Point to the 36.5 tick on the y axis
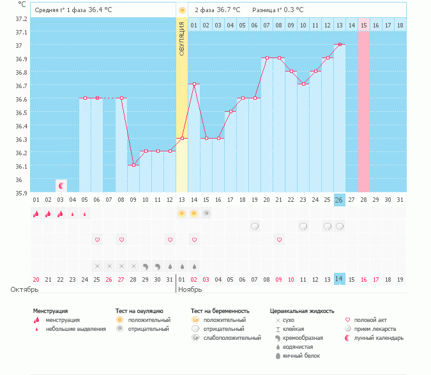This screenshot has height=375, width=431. coord(22,112)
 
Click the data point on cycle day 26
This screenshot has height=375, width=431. coord(340,44)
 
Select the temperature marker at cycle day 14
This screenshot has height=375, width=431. coord(194,84)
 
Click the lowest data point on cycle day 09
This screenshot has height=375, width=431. coord(133,165)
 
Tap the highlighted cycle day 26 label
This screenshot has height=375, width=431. coord(340,199)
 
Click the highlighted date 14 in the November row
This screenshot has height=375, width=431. coord(340,279)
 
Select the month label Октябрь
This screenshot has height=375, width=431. coord(25,289)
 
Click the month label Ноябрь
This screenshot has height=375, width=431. coord(190,289)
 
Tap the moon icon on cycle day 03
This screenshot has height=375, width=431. coord(61,186)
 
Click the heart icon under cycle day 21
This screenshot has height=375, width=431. coord(279,240)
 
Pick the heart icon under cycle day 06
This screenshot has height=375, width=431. coord(97,240)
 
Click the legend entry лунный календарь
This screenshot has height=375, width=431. coord(379,337)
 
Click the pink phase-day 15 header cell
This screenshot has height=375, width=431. coord(364,25)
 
